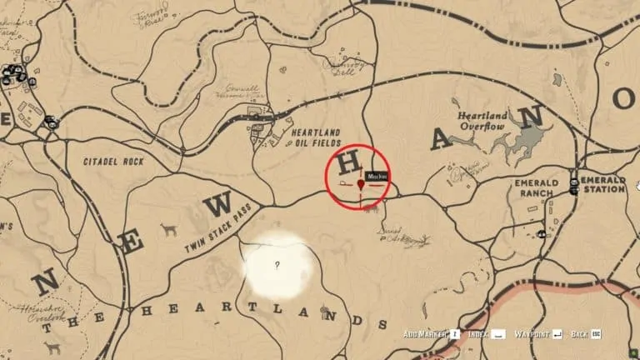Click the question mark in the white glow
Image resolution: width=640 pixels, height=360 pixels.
click(277, 266)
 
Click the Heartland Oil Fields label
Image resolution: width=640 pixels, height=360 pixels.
click(315, 137)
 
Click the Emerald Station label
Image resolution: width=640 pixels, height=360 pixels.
click(603, 184)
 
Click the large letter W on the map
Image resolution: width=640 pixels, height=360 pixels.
click(218, 204)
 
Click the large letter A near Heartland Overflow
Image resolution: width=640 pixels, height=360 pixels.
click(442, 139)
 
